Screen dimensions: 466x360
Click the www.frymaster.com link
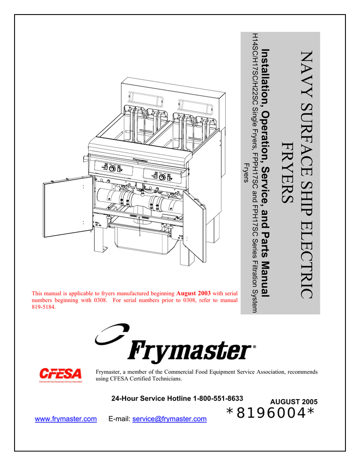point(66,419)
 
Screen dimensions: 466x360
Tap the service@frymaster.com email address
point(169,419)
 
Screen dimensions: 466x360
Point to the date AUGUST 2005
point(294,402)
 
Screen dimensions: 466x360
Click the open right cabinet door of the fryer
point(195,225)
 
